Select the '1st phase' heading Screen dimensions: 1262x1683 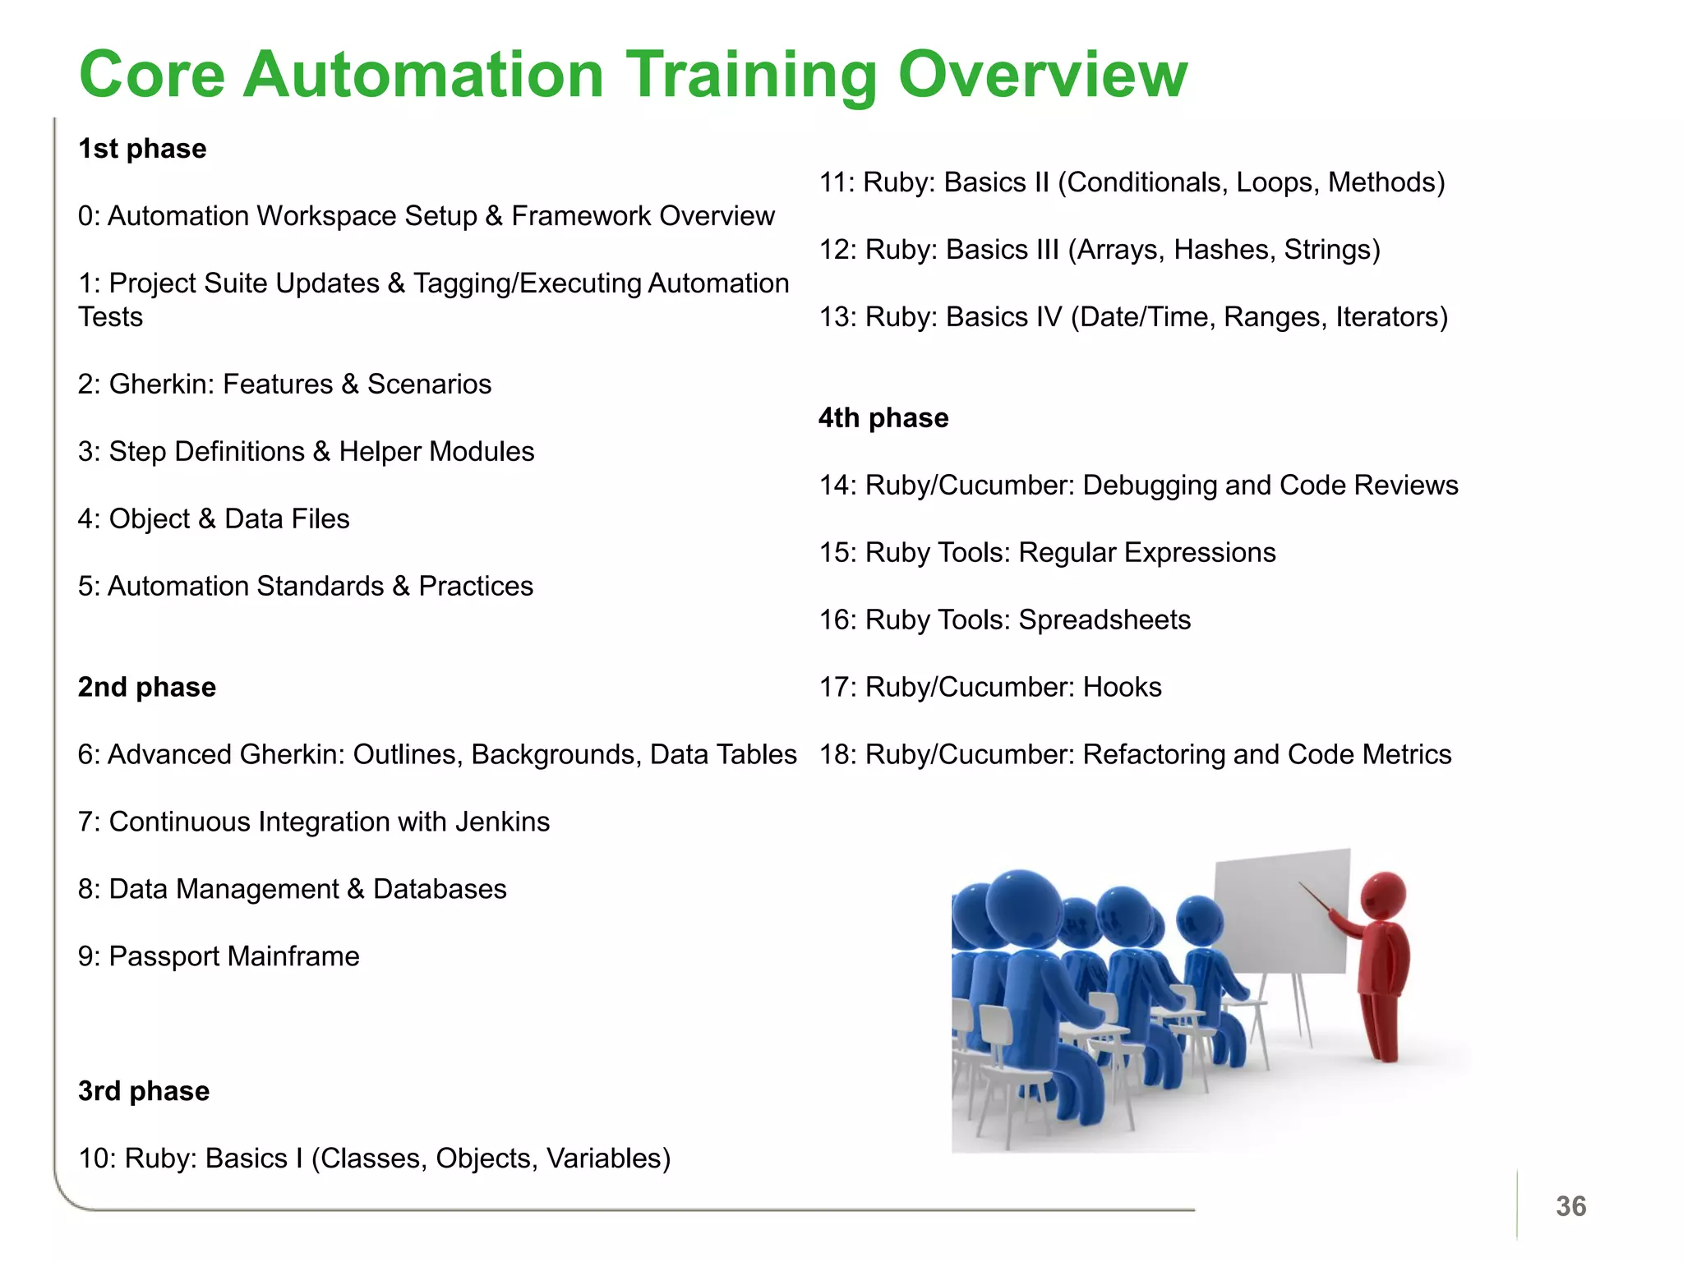click(x=142, y=149)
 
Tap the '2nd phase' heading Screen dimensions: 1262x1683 click(x=147, y=687)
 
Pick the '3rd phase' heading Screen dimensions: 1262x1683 click(x=144, y=1091)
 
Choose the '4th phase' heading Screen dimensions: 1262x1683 click(x=883, y=418)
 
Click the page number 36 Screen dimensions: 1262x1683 click(x=1570, y=1206)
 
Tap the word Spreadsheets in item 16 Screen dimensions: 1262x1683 click(x=1104, y=619)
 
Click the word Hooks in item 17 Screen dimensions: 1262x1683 click(x=1122, y=687)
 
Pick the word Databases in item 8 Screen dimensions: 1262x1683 click(x=440, y=889)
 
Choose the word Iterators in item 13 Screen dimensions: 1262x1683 click(x=1391, y=317)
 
